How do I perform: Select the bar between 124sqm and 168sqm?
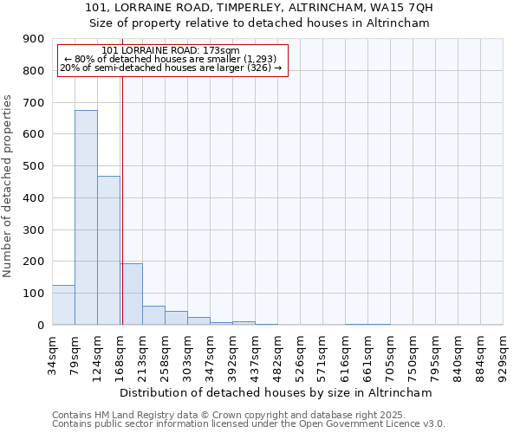coord(108,250)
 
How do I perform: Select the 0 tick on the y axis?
coord(42,325)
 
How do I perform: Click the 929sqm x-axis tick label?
coord(504,355)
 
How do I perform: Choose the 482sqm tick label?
coord(278,355)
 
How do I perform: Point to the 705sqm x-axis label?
coord(391,355)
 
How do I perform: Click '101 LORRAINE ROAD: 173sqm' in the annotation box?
coord(170,51)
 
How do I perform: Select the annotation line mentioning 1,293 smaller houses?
coord(170,59)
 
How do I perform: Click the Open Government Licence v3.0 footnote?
coord(249,424)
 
